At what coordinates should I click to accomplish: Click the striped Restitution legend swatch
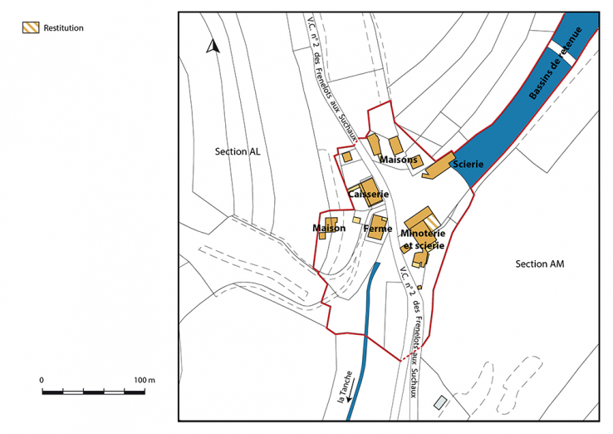(29, 28)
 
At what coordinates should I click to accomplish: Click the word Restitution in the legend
(63, 28)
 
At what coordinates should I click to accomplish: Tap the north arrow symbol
(212, 47)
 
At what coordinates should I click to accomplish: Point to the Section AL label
(237, 151)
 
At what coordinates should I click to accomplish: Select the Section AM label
(539, 264)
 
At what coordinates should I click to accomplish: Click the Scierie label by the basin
(468, 165)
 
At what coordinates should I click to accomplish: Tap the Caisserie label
(368, 194)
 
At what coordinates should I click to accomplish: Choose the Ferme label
(377, 227)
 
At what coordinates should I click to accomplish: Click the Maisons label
(399, 159)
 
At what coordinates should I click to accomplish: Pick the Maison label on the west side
(329, 228)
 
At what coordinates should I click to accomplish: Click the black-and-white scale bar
(95, 390)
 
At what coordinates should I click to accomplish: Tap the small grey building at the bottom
(439, 403)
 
